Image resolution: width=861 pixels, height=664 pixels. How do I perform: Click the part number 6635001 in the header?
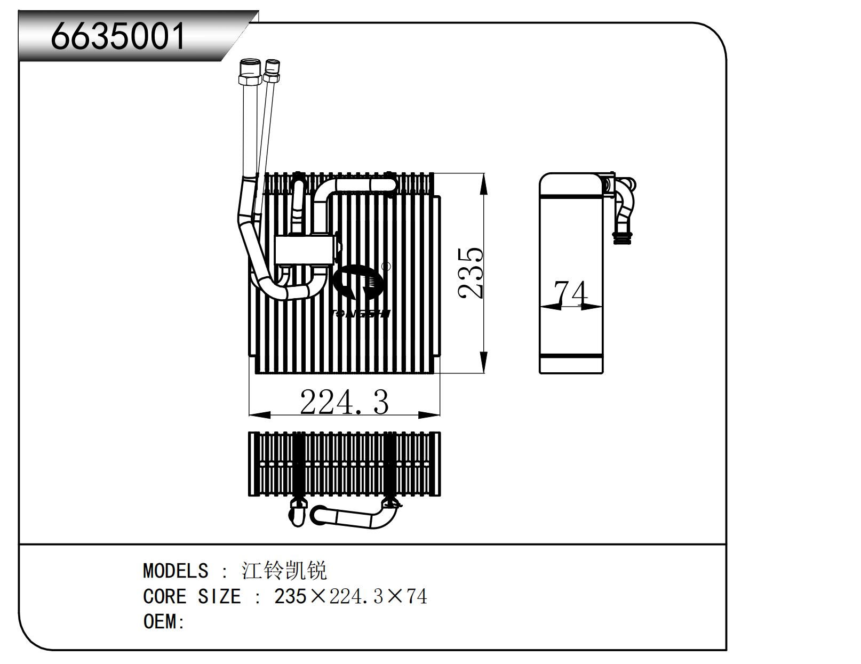pos(118,36)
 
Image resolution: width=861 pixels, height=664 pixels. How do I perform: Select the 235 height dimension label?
pos(472,273)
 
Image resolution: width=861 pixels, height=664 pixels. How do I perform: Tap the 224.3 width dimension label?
pos(344,402)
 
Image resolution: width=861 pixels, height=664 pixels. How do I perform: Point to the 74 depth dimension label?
pos(571,293)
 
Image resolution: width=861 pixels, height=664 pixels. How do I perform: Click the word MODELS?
pos(176,571)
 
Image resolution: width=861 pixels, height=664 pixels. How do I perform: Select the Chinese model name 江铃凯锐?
pos(284,571)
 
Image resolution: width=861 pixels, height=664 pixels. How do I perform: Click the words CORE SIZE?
pos(192,596)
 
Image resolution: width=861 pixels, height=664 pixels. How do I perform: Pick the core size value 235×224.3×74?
pos(350,596)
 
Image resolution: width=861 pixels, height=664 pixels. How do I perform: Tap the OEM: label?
pos(164,622)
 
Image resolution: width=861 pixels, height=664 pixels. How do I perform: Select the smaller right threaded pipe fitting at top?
pos(272,70)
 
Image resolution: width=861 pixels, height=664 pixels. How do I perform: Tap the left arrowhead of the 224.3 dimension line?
pos(259,414)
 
